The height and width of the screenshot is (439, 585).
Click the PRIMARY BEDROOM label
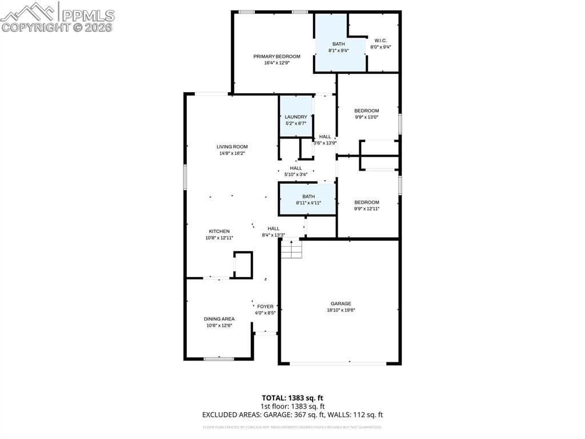click(277, 56)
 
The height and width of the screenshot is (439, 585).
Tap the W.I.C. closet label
click(380, 40)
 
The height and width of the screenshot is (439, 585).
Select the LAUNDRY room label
click(296, 117)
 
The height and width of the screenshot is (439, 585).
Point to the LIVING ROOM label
click(232, 147)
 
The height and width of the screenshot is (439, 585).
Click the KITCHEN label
click(219, 231)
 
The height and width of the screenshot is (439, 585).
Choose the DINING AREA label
click(219, 319)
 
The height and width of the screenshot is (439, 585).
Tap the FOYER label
click(266, 306)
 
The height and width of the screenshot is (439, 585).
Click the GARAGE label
click(340, 303)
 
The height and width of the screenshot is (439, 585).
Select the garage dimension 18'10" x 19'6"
click(340, 310)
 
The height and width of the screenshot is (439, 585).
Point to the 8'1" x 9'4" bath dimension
click(339, 50)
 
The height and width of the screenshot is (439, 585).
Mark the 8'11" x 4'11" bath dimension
click(308, 203)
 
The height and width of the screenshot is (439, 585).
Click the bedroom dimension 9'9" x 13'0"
click(367, 117)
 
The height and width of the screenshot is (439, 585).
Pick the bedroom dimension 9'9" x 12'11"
click(367, 208)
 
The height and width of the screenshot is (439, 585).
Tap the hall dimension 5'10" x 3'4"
click(296, 174)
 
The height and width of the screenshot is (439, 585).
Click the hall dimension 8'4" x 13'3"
click(274, 235)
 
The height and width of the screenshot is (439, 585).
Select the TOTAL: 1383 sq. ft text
click(292, 398)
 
